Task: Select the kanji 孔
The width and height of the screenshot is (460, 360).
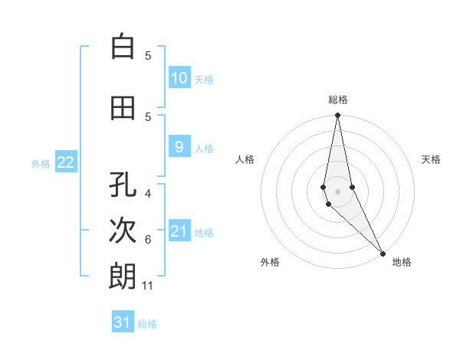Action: (x=123, y=185)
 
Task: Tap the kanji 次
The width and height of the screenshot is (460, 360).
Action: (x=123, y=231)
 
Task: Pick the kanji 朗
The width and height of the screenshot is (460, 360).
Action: (x=123, y=277)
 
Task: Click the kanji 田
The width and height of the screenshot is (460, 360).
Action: (x=123, y=110)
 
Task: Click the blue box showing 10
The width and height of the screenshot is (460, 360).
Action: (x=179, y=78)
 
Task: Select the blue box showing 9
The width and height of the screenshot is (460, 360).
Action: (x=179, y=147)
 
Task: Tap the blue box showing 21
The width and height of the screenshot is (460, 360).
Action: (x=179, y=231)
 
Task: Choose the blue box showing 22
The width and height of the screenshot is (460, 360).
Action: (x=66, y=162)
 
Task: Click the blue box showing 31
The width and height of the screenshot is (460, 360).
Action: (x=123, y=322)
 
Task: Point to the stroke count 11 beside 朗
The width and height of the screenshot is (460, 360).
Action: (x=149, y=286)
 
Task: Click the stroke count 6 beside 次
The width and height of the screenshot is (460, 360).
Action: (x=148, y=240)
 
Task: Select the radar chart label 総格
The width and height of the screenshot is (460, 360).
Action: (x=337, y=100)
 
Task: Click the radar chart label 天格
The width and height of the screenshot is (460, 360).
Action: (x=431, y=159)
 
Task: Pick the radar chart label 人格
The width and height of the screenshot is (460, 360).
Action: (x=245, y=159)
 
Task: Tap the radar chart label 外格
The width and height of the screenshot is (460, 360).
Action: (x=270, y=262)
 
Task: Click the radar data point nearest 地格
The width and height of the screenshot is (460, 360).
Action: (x=383, y=252)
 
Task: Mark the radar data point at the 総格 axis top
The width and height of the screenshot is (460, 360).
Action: (x=337, y=115)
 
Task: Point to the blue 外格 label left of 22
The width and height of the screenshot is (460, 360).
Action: (x=41, y=163)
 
